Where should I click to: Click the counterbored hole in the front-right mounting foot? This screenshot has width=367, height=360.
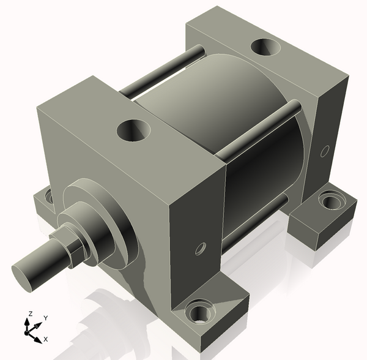[198, 312]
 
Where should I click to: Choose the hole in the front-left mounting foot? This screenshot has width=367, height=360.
[46, 198]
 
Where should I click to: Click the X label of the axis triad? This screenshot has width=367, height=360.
[46, 339]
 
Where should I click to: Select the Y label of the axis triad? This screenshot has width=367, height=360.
[46, 318]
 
